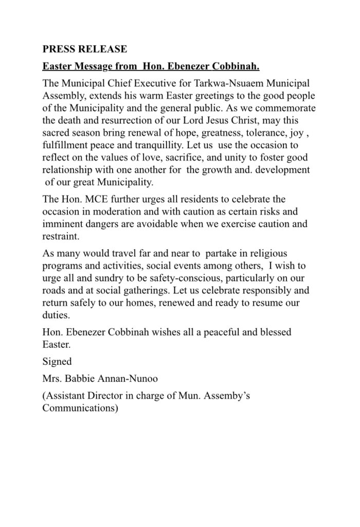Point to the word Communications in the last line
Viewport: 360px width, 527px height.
click(80, 409)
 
